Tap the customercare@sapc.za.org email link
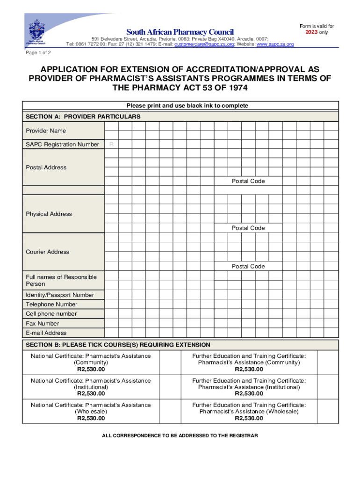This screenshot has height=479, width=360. coord(203,44)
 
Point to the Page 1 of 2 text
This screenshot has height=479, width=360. coord(39,53)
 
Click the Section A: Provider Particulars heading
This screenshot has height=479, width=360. coord(83,116)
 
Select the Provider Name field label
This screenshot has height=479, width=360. coord(46,131)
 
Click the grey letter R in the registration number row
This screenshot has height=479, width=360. coord(111,145)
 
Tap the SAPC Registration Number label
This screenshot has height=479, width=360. coord(62,145)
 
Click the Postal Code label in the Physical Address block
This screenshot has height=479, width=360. coord(248,228)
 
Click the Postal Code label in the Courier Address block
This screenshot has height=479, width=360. coord(248,267)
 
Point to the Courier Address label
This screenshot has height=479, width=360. coord(47,252)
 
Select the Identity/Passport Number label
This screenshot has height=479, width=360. coord(60,295)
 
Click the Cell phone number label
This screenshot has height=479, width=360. coord(51,314)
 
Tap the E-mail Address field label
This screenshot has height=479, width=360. coord(46,333)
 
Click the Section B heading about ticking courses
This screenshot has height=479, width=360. coord(118,345)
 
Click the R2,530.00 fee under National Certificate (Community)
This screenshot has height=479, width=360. coord(91,369)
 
